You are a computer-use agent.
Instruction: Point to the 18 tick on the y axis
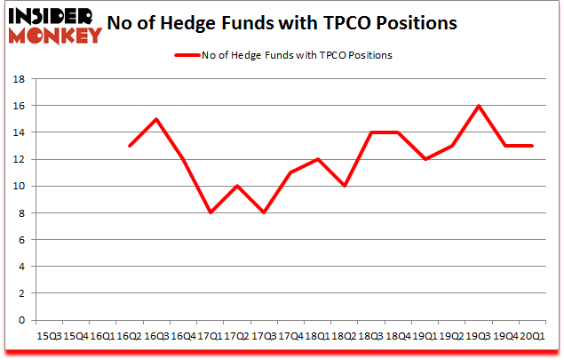21,79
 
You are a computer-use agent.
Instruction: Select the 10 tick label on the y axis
21,187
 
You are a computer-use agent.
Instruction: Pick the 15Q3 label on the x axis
48,335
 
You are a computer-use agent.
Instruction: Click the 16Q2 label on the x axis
131,335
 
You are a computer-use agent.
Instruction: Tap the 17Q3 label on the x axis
264,335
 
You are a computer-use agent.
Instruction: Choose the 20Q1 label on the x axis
533,335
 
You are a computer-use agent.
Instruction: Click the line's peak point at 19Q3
478,106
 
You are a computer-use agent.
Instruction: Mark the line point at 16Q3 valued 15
156,119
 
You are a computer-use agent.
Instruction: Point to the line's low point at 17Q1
210,213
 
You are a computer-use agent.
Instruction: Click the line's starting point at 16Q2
131,146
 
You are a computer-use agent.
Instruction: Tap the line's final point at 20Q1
532,146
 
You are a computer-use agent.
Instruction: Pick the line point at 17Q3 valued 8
264,213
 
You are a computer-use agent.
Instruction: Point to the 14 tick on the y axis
21,132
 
